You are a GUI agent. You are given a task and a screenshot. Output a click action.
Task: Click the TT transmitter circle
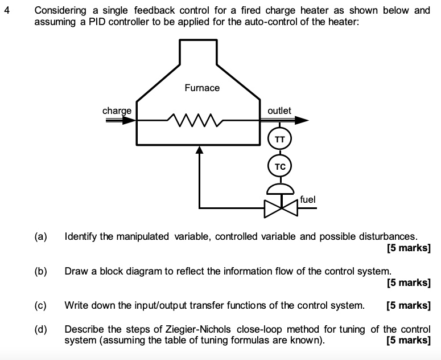[279, 140]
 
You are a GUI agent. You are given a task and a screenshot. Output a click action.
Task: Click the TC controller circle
[279, 167]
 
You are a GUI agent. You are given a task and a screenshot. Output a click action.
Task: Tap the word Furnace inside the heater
[202, 88]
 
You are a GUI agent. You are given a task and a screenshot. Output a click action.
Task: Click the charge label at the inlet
[117, 111]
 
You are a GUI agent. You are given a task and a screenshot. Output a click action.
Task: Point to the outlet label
[279, 111]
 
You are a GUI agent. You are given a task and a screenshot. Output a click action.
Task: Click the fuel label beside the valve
[307, 199]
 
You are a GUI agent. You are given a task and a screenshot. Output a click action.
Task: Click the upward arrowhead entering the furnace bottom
[199, 150]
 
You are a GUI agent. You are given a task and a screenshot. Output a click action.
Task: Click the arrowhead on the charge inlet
[130, 121]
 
